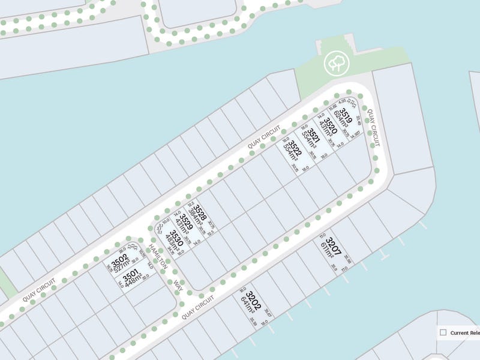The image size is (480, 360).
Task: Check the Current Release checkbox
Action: [x=443, y=332]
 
